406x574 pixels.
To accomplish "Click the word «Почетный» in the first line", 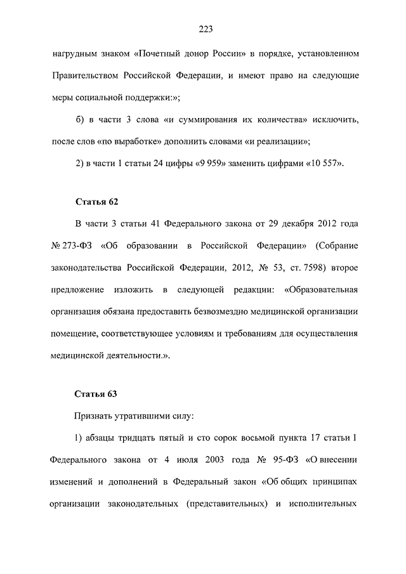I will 159,53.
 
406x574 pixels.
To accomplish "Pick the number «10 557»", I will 324,163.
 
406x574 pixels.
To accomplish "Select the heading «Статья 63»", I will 96,394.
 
